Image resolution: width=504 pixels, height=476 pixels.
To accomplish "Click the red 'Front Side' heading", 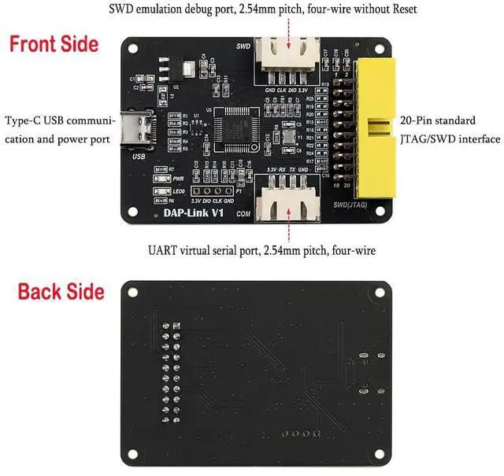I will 54,43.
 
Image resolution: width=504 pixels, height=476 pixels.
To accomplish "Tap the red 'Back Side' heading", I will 61,291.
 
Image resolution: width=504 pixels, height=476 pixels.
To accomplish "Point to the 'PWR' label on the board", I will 178,179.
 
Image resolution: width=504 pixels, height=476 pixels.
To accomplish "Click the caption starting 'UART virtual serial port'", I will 261,250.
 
